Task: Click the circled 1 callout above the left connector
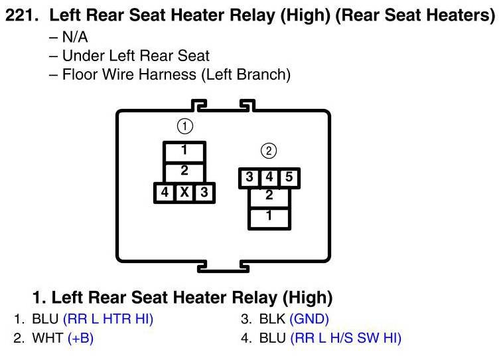click(184, 126)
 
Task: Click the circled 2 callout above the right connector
click(269, 151)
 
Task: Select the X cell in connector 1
click(184, 193)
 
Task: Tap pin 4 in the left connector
click(164, 193)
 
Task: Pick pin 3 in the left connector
click(204, 193)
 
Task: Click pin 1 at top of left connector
click(184, 151)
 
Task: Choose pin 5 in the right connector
click(289, 178)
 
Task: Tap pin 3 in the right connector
click(249, 178)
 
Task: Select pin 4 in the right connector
click(269, 178)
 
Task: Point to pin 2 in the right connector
click(269, 196)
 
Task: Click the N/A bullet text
click(74, 37)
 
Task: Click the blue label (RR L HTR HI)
click(108, 319)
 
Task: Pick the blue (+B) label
click(80, 338)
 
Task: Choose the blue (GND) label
click(309, 319)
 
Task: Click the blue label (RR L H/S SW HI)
click(346, 338)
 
